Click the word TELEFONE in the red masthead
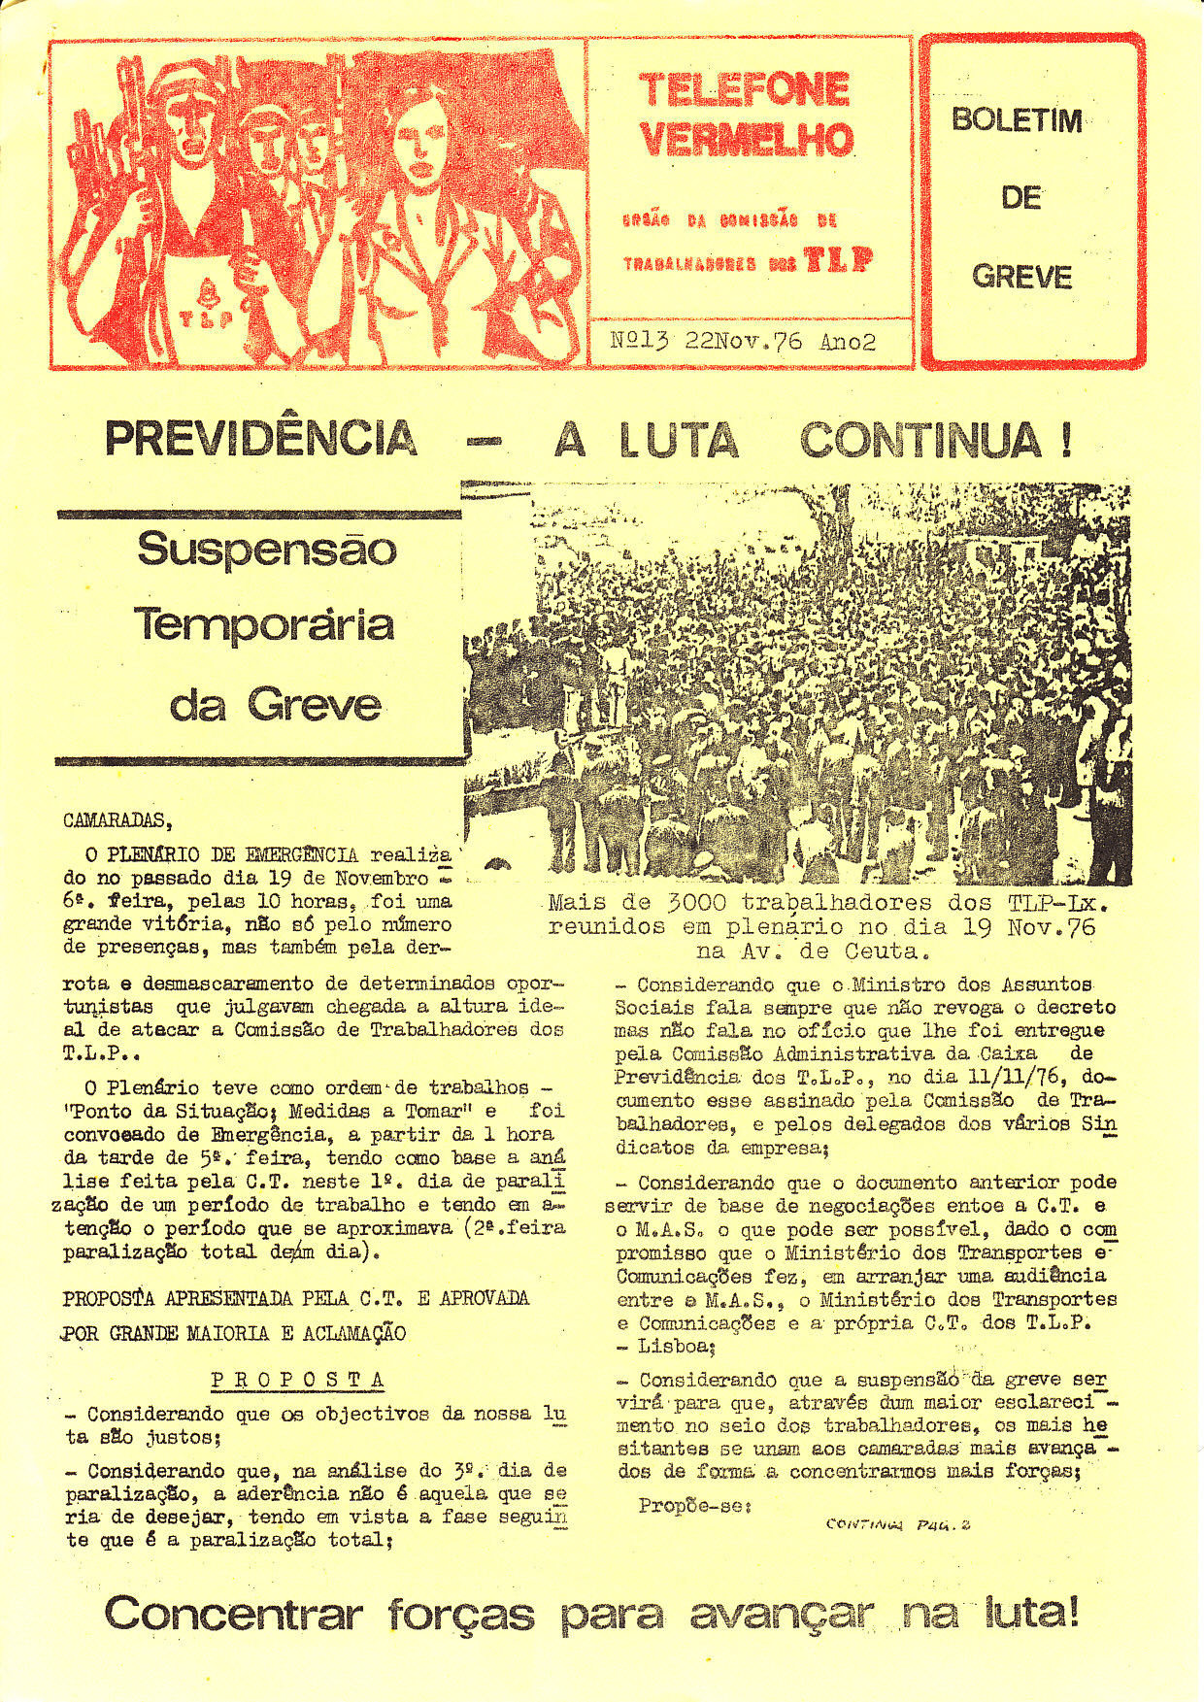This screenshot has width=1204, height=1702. pyautogui.click(x=745, y=91)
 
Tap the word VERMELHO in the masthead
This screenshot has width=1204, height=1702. pyautogui.click(x=747, y=140)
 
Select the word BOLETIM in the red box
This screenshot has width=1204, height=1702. pyautogui.click(x=1017, y=120)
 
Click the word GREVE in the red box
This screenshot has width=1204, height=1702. pyautogui.click(x=1021, y=278)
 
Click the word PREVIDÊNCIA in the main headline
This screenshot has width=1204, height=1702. pyautogui.click(x=261, y=439)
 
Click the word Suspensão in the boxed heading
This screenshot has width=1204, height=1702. pyautogui.click(x=267, y=550)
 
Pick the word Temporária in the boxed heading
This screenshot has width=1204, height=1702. pyautogui.click(x=264, y=624)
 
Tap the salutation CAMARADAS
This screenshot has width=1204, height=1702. pyautogui.click(x=117, y=820)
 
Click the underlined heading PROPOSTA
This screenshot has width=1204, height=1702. pyautogui.click(x=298, y=1380)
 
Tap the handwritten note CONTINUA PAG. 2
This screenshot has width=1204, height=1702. pyautogui.click(x=897, y=1524)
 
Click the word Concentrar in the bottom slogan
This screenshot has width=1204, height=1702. pyautogui.click(x=233, y=1614)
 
